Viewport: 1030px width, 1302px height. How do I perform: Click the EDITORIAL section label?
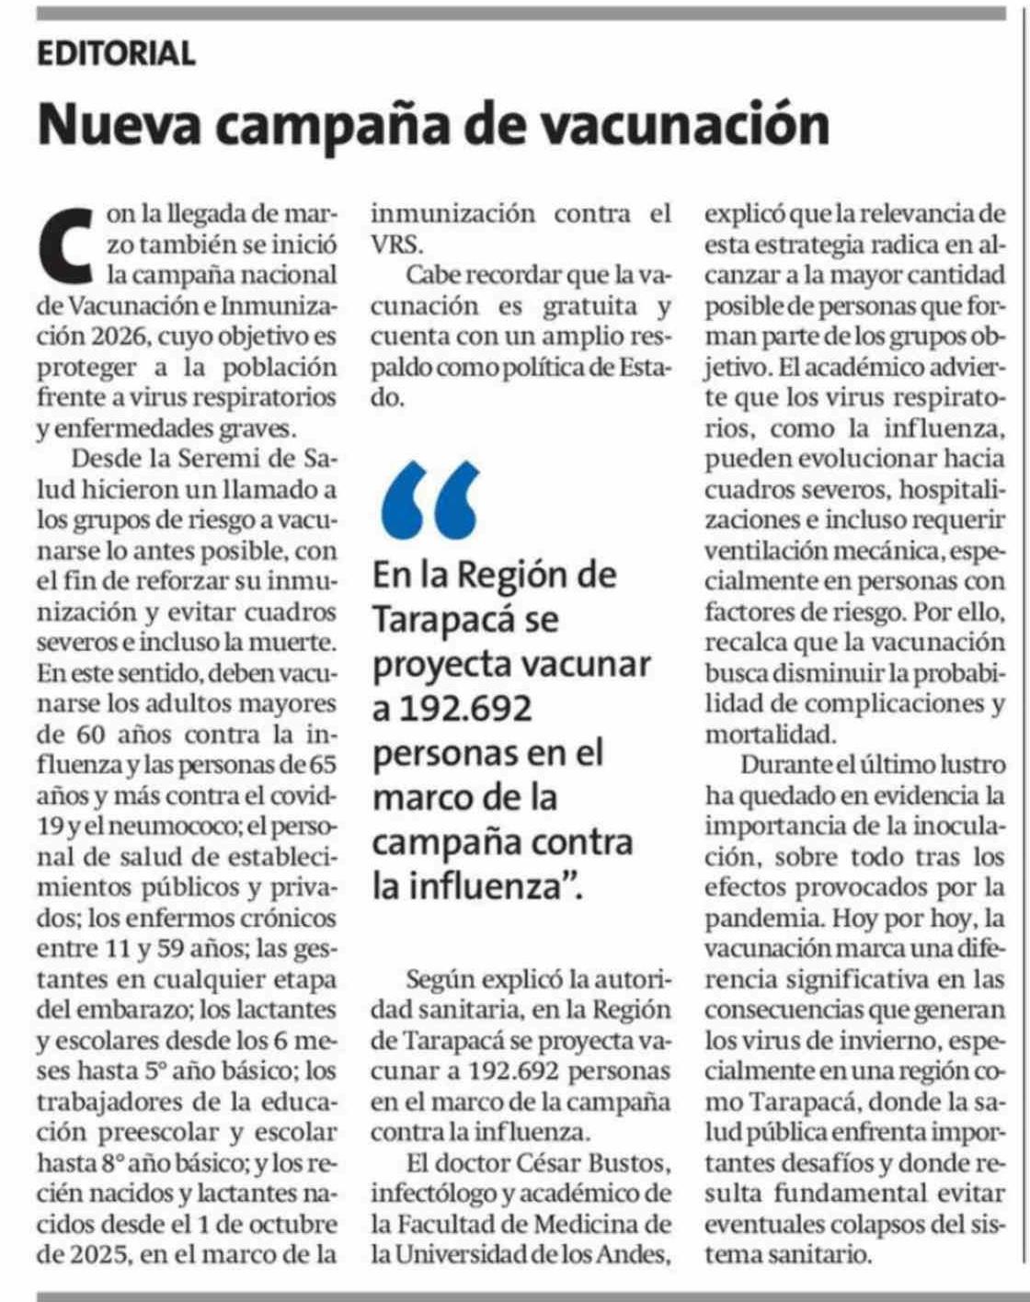pyautogui.click(x=116, y=53)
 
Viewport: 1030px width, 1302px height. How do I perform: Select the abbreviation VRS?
pyautogui.click(x=397, y=245)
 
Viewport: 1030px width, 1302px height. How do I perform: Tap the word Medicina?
pyautogui.click(x=576, y=1224)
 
